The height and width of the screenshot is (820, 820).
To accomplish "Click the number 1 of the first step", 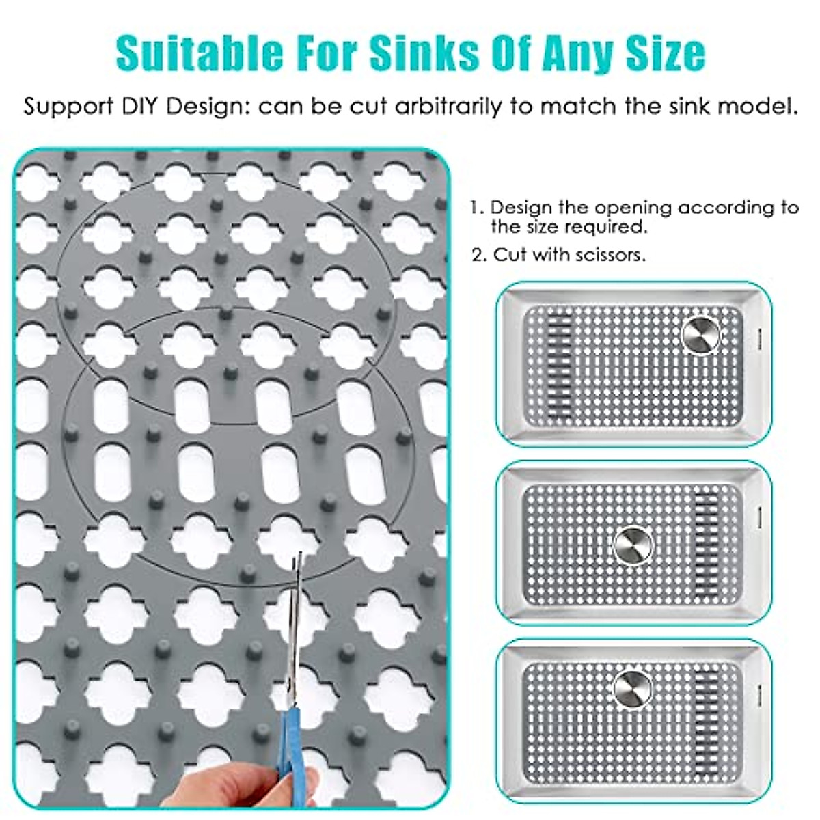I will (x=476, y=207).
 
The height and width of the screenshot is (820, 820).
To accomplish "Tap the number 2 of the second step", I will (x=478, y=255).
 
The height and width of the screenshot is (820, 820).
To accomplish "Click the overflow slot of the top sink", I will (x=759, y=335).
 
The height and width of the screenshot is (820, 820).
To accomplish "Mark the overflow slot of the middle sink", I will (x=759, y=512).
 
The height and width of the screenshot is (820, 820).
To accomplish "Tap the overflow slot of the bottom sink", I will (x=759, y=690).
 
